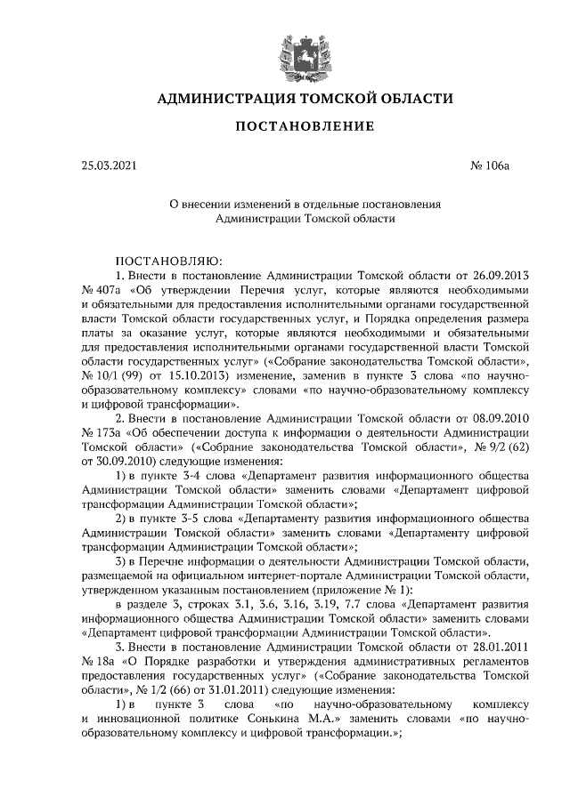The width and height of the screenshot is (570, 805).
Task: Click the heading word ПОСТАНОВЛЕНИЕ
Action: [304, 128]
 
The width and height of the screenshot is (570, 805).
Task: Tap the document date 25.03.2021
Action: [110, 165]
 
